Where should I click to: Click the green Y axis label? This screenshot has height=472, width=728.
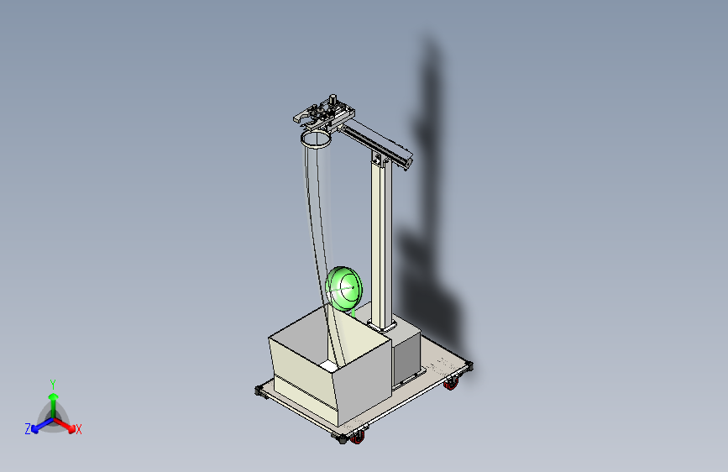(x=52, y=383)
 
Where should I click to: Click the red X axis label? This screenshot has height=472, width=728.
(x=79, y=429)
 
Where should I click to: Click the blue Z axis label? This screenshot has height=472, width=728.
(x=28, y=429)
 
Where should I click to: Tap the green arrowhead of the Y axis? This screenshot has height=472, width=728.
(x=53, y=396)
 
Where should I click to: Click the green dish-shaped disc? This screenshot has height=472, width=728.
(x=344, y=288)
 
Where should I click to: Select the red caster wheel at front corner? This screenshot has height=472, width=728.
(x=359, y=437)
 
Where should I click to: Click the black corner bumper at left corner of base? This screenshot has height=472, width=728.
(x=259, y=391)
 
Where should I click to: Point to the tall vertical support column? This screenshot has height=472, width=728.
(x=382, y=244)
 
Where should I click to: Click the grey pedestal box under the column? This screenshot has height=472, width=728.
(x=406, y=354)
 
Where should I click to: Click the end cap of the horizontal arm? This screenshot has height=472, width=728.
(x=409, y=162)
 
